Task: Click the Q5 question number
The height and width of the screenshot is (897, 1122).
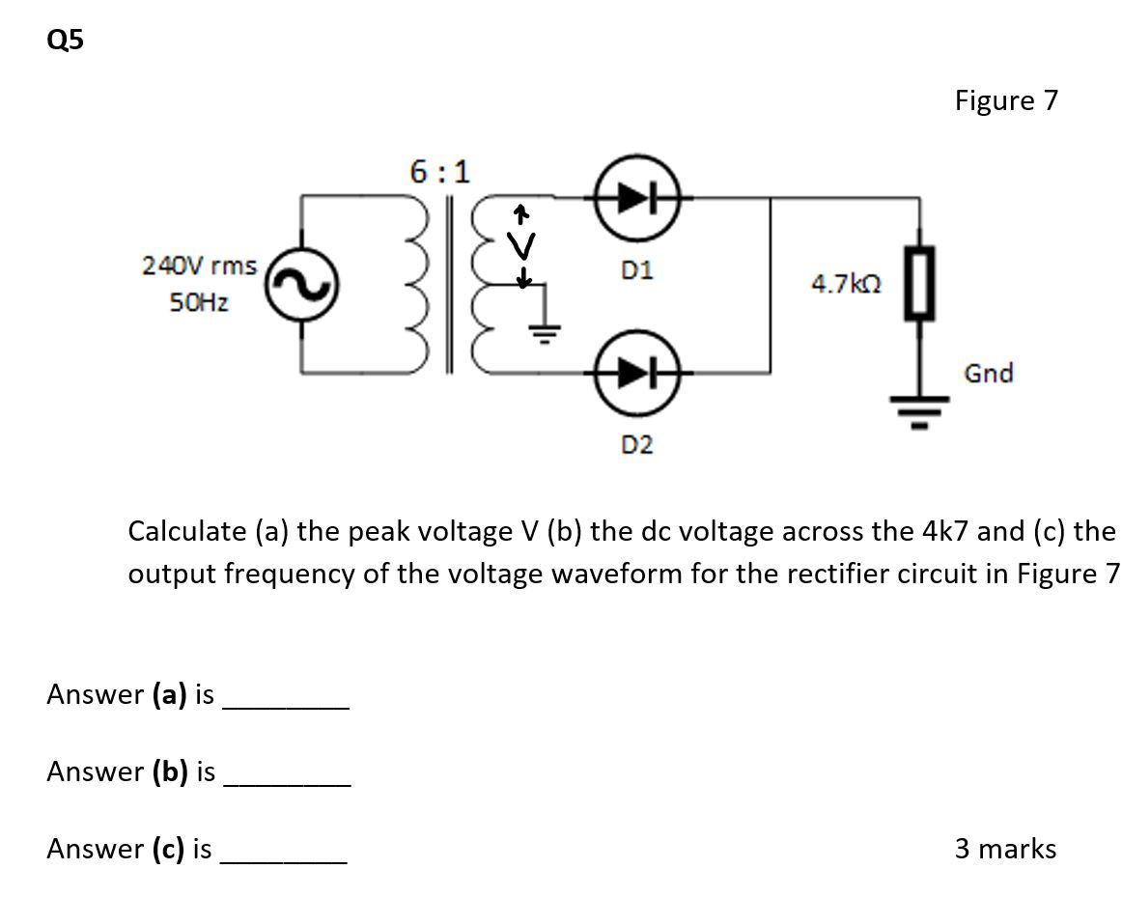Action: point(65,40)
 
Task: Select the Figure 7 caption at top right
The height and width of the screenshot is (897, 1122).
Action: point(1006,100)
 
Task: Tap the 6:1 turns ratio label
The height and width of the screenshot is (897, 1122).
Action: point(438,172)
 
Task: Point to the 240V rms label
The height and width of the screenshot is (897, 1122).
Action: point(199,266)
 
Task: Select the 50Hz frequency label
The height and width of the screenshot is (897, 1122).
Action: point(199,302)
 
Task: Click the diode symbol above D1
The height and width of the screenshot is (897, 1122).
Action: point(637,198)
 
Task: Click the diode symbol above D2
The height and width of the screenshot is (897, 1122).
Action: point(637,371)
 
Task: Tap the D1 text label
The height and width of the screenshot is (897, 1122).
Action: point(636,270)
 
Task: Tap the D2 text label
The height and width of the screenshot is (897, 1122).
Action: point(636,445)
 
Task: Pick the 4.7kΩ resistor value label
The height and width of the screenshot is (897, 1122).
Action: point(846,284)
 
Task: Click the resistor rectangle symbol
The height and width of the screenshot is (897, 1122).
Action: point(919,283)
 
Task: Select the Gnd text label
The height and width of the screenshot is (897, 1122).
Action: point(988,374)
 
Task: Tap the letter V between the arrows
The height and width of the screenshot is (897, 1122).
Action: point(521,247)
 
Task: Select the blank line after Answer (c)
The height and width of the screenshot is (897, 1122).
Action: point(284,859)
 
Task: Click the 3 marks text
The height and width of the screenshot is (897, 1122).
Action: point(1005,849)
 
